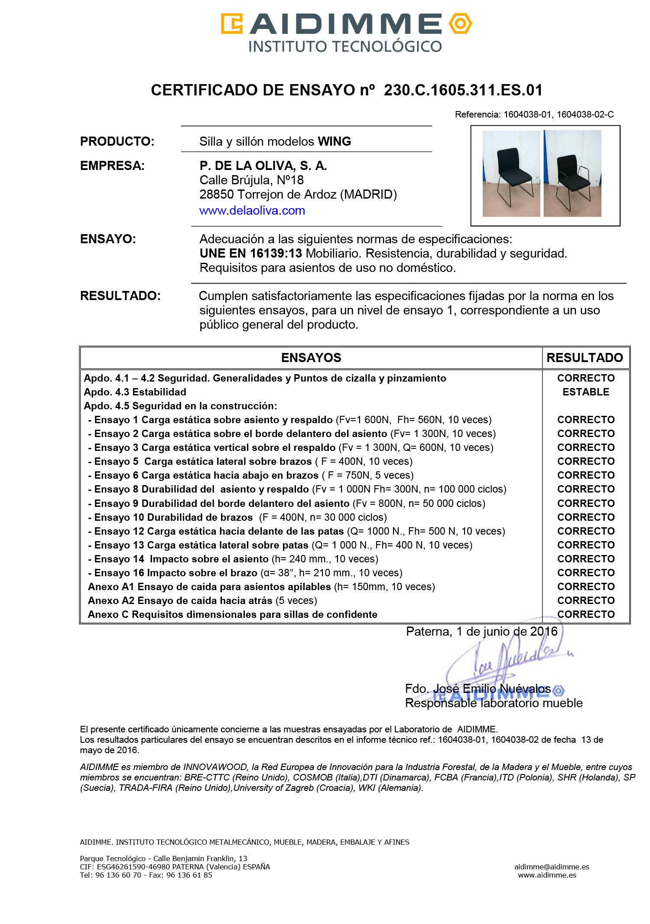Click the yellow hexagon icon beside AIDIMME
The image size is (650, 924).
tap(460, 23)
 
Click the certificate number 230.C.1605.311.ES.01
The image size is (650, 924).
tap(463, 90)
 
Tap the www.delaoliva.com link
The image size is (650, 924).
tap(252, 211)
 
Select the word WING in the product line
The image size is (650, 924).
tap(334, 141)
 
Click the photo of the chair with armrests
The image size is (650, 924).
tap(572, 173)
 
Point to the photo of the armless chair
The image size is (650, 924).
tap(511, 173)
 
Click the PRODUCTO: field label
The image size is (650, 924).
tap(117, 141)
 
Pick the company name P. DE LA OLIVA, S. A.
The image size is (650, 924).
tap(263, 166)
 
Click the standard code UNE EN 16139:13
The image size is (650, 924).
tap(250, 253)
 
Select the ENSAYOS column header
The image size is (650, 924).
tap(311, 358)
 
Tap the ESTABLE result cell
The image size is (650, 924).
tap(585, 392)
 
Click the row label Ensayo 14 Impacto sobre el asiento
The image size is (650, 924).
tap(182, 559)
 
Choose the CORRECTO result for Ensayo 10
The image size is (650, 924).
tap(585, 517)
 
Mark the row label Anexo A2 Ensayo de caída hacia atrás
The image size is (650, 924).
tap(180, 601)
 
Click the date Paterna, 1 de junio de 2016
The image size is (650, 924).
tap(481, 631)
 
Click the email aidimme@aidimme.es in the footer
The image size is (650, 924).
tap(551, 867)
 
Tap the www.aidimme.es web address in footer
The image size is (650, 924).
tap(547, 875)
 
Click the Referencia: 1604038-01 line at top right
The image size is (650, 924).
tap(534, 114)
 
